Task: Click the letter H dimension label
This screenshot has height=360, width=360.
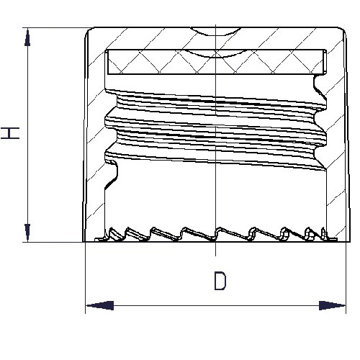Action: [10, 133]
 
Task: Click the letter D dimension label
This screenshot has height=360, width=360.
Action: [220, 281]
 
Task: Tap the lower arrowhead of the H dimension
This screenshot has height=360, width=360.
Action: [27, 233]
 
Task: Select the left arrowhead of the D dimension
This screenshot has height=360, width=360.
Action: [99, 305]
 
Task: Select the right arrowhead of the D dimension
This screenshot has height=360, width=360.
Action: [332, 305]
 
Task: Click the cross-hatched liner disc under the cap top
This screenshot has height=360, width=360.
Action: [216, 62]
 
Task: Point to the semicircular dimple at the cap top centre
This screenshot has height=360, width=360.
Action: [216, 32]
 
